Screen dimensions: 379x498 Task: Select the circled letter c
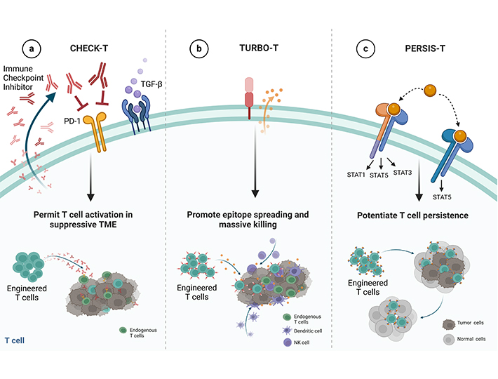(x=364, y=49)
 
